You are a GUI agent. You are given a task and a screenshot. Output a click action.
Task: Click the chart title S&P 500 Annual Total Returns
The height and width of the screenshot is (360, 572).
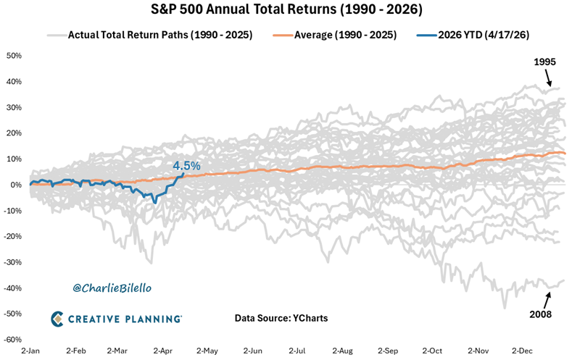pos(286,12)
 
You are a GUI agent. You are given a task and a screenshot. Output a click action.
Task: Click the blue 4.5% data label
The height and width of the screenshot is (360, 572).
pos(186,166)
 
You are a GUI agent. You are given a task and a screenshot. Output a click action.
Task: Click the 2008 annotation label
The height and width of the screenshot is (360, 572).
pos(541,315)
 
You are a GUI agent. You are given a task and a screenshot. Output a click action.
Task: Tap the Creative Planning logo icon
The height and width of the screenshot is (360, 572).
pos(59,318)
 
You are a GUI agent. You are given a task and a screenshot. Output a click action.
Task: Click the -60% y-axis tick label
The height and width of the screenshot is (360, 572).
pos(13,340)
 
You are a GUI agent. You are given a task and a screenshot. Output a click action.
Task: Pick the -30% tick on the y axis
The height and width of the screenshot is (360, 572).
pos(13,262)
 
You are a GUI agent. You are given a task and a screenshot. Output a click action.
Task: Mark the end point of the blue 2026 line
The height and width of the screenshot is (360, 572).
pos(183,174)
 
